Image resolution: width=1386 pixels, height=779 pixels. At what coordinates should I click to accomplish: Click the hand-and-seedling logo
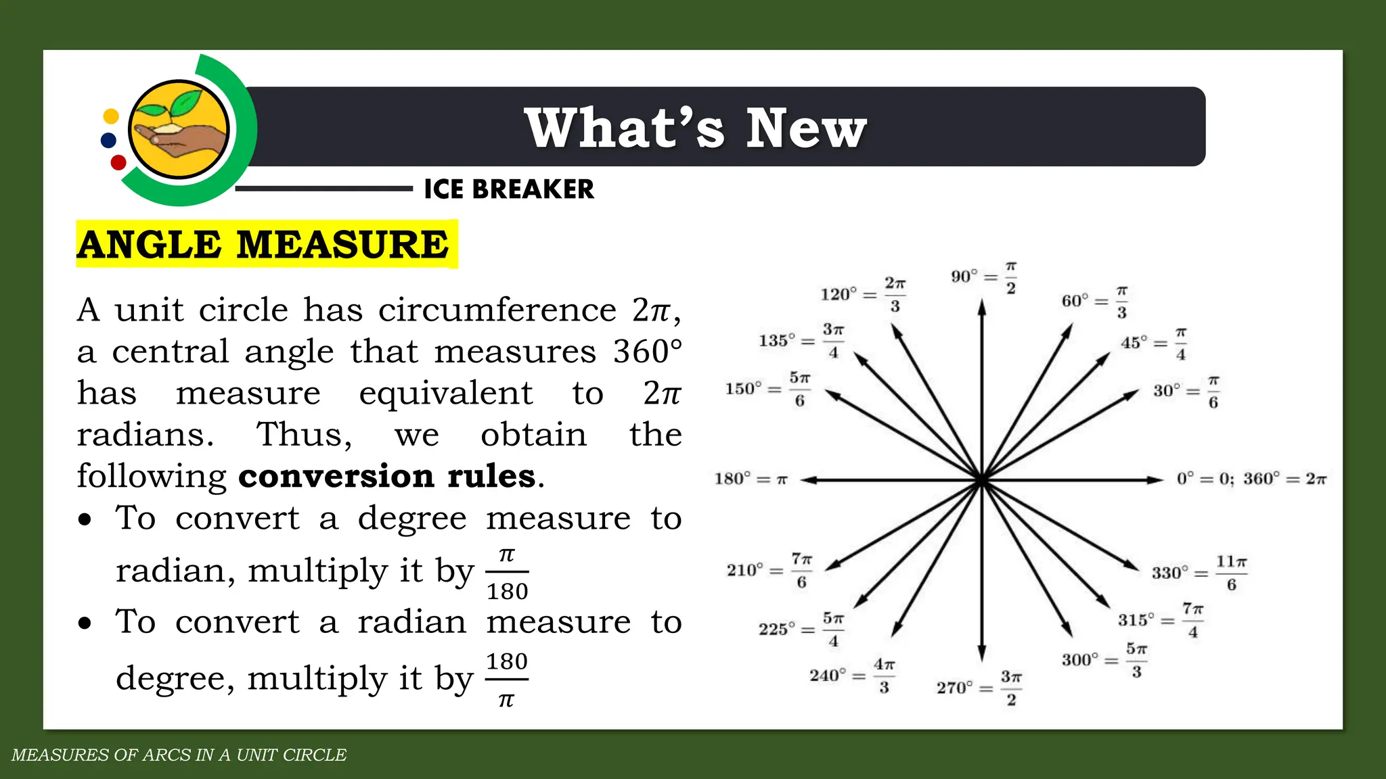point(179,129)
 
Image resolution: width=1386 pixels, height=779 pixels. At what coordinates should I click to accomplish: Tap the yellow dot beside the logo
point(111,116)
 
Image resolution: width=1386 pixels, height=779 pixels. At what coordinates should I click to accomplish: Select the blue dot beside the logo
point(108,141)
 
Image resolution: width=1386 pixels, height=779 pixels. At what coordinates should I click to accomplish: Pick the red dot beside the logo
point(118,162)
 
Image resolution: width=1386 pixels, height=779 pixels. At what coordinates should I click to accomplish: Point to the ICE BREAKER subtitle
point(509,189)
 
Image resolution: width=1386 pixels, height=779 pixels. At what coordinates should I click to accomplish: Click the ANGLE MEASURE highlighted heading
point(263,244)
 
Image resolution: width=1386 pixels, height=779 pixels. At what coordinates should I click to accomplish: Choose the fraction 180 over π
point(507,680)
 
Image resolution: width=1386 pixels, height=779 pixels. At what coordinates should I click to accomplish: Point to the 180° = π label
point(751,479)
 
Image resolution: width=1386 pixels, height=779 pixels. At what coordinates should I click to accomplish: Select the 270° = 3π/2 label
point(979,688)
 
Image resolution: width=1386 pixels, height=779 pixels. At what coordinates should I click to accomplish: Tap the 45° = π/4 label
point(1153,344)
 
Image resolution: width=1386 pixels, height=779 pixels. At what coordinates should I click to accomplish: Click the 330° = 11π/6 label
point(1199,573)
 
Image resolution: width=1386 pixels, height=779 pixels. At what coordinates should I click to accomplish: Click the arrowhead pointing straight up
point(981,308)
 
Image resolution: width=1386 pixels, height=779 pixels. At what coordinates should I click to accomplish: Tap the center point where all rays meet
point(981,480)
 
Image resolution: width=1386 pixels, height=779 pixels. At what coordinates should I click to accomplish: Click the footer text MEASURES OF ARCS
point(179,755)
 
